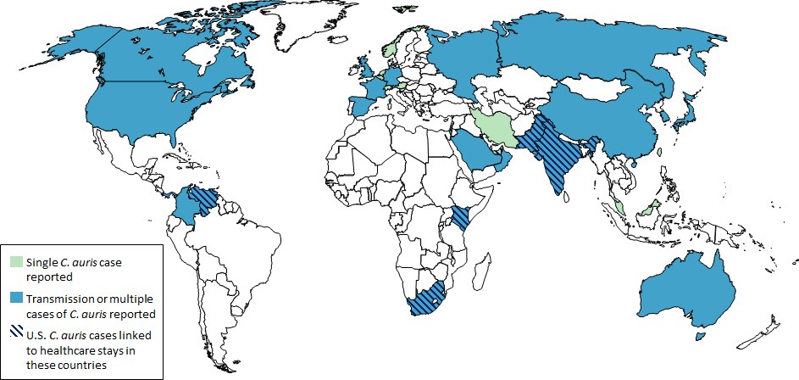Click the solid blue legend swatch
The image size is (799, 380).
pyautogui.click(x=17, y=299)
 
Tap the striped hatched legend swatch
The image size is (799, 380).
pyautogui.click(x=17, y=337)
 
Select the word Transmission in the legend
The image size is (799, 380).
pyautogui.click(x=62, y=299)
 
